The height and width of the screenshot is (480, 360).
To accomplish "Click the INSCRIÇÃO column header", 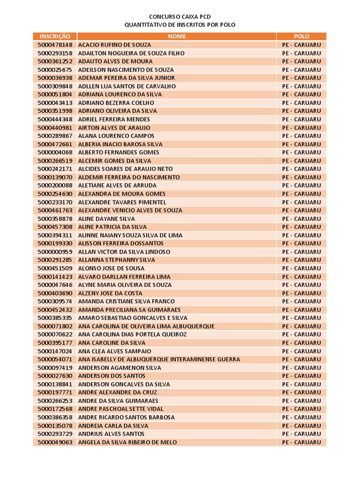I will pyautogui.click(x=55, y=36).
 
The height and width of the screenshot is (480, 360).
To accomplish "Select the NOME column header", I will pyautogui.click(x=177, y=36).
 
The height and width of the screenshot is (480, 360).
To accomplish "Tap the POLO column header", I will pyautogui.click(x=301, y=36).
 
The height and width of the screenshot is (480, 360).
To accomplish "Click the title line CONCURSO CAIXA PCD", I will pyautogui.click(x=180, y=16).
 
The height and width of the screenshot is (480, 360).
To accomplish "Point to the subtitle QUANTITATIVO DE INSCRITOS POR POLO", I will pyautogui.click(x=180, y=24).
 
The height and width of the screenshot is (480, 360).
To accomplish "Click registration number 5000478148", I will pyautogui.click(x=55, y=45).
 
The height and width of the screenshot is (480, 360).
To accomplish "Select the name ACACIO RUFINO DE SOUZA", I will pyautogui.click(x=115, y=45).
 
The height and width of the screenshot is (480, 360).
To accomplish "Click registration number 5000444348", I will pyautogui.click(x=55, y=119).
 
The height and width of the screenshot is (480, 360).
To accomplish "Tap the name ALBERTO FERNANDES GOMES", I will pyautogui.click(x=119, y=152).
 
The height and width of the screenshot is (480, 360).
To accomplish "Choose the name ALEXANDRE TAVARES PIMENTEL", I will pyautogui.click(x=122, y=202).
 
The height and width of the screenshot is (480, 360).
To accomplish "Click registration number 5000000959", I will pyautogui.click(x=55, y=252).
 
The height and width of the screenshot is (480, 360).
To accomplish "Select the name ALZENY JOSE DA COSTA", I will pyautogui.click(x=110, y=293).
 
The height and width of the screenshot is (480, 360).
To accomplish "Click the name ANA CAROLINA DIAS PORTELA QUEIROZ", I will pyautogui.click(x=132, y=334).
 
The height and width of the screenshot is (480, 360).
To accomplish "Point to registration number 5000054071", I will pyautogui.click(x=55, y=359).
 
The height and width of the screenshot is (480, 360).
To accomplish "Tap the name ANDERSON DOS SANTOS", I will pyautogui.click(x=112, y=376).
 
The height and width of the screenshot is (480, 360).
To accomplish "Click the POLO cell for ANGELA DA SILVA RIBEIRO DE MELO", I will pyautogui.click(x=301, y=442).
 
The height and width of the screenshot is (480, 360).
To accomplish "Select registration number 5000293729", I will pyautogui.click(x=55, y=434).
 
